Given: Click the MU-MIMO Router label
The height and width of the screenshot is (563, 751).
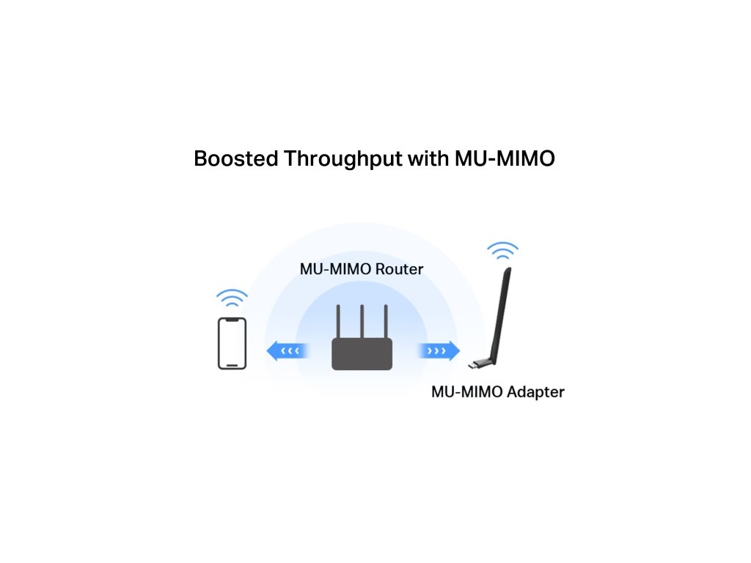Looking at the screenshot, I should pos(362,269).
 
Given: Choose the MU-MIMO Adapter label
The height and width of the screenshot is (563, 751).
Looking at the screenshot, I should pos(497,391).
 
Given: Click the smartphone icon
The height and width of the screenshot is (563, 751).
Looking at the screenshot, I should pos(232,343).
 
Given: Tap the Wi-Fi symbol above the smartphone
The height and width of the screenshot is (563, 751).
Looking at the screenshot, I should pos(232,299).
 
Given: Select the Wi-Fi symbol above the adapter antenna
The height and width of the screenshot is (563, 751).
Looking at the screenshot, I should pos(502,251).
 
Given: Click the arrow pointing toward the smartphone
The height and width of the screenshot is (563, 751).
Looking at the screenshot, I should pos(286,351).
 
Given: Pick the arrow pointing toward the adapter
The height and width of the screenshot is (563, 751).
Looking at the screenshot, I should pos(439,351).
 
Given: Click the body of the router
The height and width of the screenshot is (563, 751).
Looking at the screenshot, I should pos(362,353).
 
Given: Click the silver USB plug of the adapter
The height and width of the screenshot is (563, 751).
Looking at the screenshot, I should pos(475,364).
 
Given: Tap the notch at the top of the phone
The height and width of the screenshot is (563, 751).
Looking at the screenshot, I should pos(232,320).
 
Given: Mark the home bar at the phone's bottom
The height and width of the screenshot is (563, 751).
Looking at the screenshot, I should pos(232,365).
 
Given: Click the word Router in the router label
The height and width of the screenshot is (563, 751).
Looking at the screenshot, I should pos(399,269).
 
